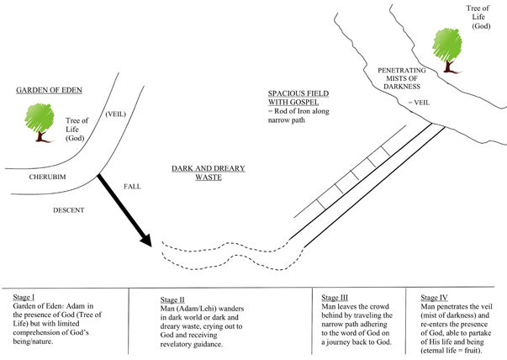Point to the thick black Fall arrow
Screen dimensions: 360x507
pos(124,210)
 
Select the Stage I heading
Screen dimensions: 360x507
pos(27,298)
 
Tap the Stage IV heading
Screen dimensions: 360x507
pos(425,298)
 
